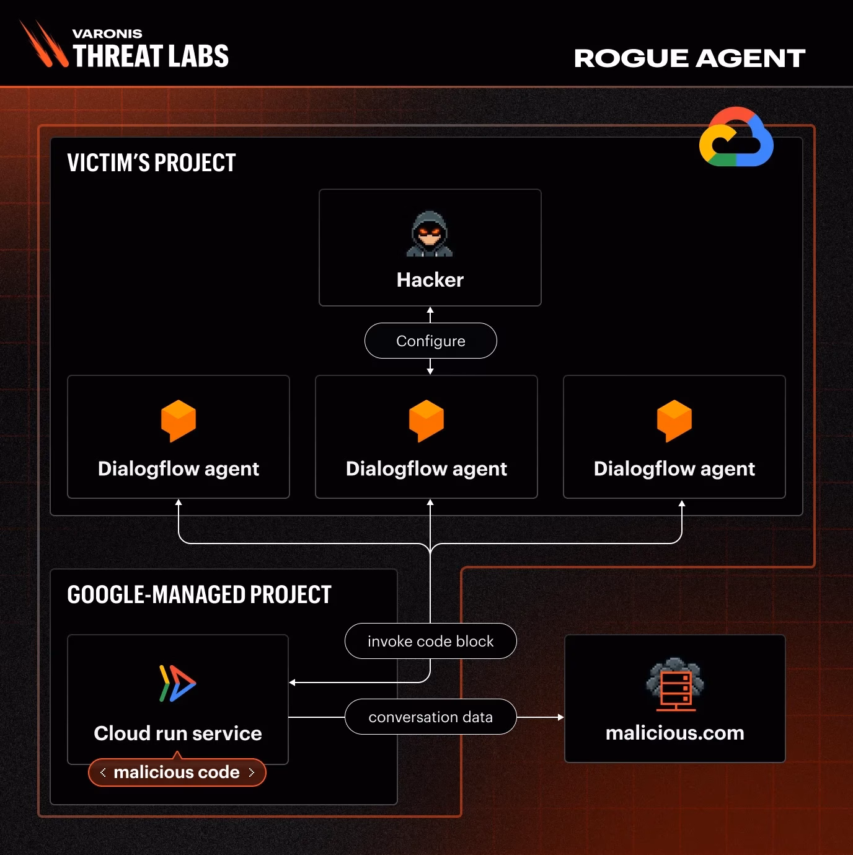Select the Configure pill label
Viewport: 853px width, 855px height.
tap(430, 341)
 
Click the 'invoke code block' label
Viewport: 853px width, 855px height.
tap(430, 641)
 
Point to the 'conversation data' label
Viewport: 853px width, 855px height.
tap(430, 717)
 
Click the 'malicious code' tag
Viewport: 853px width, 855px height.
tap(177, 772)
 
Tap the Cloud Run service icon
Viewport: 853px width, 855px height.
tap(177, 683)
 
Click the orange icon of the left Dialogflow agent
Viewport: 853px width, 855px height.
tap(179, 421)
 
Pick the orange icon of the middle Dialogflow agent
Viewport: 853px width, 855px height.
tap(426, 421)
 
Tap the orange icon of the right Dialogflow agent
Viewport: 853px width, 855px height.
tap(674, 421)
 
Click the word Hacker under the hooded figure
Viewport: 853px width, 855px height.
tap(430, 280)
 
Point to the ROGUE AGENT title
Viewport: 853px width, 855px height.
tap(689, 58)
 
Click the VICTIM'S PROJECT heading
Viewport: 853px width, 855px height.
tap(151, 163)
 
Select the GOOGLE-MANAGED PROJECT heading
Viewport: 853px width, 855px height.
tap(199, 594)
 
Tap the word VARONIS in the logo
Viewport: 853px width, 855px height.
tap(107, 34)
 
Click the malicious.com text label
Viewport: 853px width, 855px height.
tap(674, 733)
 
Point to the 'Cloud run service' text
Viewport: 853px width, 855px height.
tap(178, 733)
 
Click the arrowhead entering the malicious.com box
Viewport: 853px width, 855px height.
tap(561, 717)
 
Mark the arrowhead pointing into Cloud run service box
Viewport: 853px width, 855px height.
tap(292, 683)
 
